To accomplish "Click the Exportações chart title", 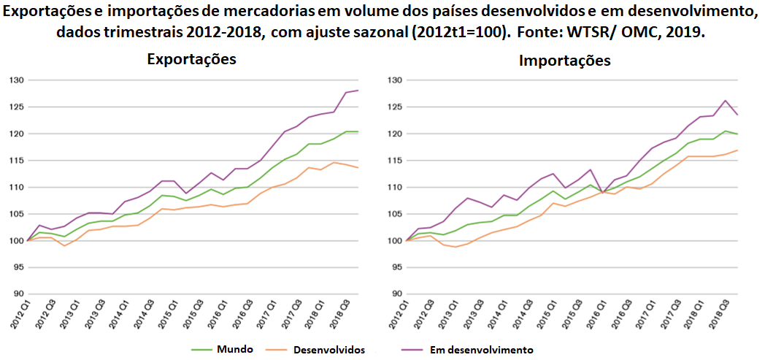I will click(x=191, y=59).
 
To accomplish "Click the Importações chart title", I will click(x=564, y=61).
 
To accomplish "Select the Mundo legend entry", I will click(x=234, y=349).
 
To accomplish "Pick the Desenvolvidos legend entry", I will click(x=328, y=350).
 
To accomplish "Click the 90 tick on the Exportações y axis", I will click(x=17, y=294).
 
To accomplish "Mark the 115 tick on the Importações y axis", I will click(x=396, y=161).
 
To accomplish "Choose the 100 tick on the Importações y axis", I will click(x=396, y=241).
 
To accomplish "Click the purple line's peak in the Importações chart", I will click(x=725, y=101).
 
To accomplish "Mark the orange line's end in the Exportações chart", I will click(x=358, y=168).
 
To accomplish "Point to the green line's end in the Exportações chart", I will click(x=358, y=131).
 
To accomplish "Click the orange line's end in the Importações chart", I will click(x=737, y=150).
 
